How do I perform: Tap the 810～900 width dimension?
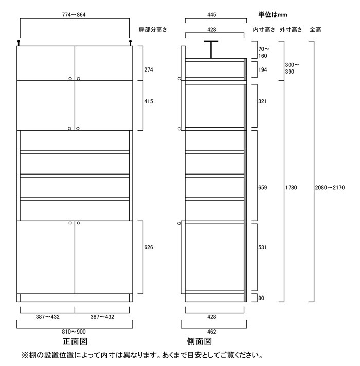click(x=75, y=332)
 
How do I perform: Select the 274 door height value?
click(x=149, y=69)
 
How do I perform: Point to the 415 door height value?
click(x=149, y=101)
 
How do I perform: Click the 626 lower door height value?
click(x=149, y=248)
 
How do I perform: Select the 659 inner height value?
click(x=263, y=188)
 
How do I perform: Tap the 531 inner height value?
click(x=263, y=248)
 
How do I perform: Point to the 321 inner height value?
click(x=263, y=101)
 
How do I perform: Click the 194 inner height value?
click(x=263, y=69)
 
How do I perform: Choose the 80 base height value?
click(x=261, y=298)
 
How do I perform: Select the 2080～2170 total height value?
click(x=330, y=188)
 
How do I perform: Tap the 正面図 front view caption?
click(x=74, y=342)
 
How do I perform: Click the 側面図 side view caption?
click(x=200, y=342)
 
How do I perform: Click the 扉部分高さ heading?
click(x=153, y=30)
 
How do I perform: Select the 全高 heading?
click(x=316, y=30)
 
